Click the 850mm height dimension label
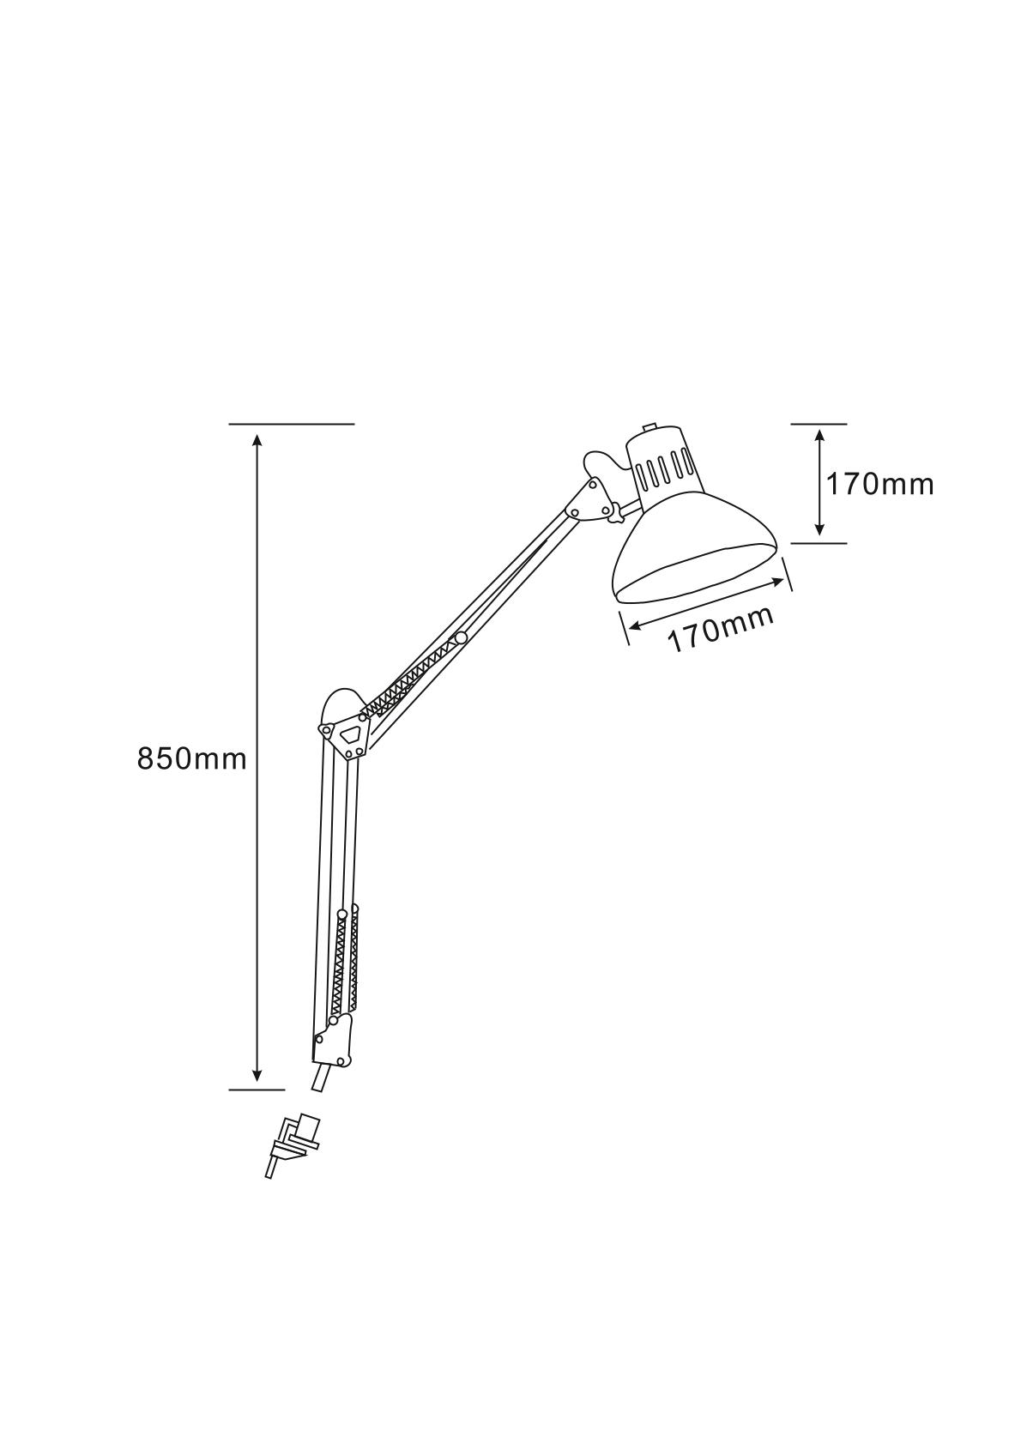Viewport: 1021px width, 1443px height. pos(191,758)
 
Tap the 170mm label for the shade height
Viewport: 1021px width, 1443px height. pos(879,485)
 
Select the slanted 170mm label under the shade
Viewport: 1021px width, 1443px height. pos(721,630)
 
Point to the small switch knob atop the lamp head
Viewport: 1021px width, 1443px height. pos(649,427)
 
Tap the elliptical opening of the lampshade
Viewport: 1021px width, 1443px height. pos(697,569)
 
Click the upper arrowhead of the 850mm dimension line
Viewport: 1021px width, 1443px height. pos(257,439)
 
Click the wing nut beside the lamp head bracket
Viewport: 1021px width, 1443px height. pos(613,514)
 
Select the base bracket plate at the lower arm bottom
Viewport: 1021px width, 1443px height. pos(332,1040)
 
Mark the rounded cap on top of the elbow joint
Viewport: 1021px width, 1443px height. pos(340,700)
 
